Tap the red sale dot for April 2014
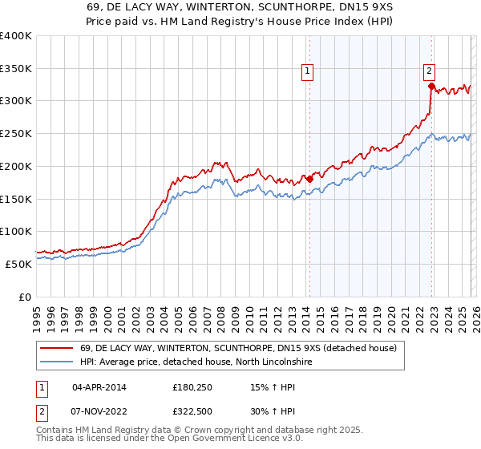click(309, 179)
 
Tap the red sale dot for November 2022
click(431, 86)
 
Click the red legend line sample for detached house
click(56, 348)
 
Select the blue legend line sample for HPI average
click(56, 362)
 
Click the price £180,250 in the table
click(193, 387)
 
